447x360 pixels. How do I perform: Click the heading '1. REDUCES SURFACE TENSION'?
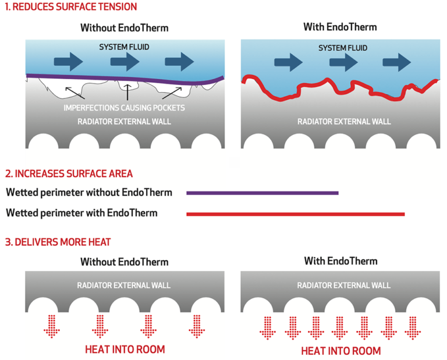72,7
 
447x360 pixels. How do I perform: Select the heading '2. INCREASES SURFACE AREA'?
69,174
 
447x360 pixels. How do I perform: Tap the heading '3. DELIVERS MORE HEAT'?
58,242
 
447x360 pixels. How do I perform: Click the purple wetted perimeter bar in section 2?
262,192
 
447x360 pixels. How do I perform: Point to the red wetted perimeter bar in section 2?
295,214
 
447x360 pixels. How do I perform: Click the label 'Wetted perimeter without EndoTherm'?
89,192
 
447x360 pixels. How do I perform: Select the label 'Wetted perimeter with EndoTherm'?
81,213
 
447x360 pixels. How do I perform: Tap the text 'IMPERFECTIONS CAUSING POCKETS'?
125,108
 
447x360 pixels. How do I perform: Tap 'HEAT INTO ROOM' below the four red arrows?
125,350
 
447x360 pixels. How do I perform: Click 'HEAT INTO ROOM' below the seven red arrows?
340,351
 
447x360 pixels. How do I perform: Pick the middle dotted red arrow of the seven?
339,327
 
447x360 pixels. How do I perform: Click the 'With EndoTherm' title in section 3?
340,260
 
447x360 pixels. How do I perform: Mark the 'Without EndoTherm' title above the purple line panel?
125,27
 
